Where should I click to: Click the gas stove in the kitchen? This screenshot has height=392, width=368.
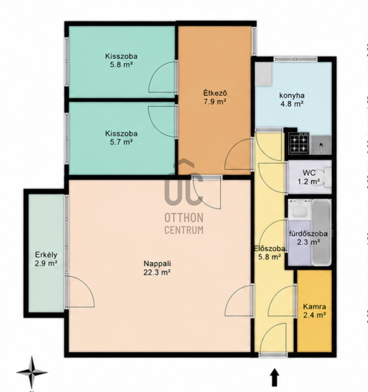pyautogui.click(x=299, y=143)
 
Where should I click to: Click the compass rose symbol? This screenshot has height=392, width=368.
pyautogui.click(x=32, y=373)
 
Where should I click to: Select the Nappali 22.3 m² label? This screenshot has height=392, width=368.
pyautogui.click(x=157, y=268)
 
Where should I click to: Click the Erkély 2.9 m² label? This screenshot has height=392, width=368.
pyautogui.click(x=46, y=259)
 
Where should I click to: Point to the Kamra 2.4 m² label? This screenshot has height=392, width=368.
pyautogui.click(x=314, y=311)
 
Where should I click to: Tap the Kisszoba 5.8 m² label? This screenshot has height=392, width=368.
pyautogui.click(x=121, y=60)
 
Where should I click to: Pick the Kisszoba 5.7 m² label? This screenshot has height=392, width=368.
pyautogui.click(x=121, y=138)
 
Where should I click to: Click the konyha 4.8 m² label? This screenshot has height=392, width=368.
pyautogui.click(x=292, y=100)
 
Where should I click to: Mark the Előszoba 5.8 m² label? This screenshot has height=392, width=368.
pyautogui.click(x=269, y=253)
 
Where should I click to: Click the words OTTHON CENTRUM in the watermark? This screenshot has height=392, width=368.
pyautogui.click(x=184, y=223)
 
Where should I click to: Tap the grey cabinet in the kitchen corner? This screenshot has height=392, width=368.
pyautogui.click(x=263, y=74)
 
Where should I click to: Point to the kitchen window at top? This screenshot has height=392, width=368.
pyautogui.click(x=296, y=59)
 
